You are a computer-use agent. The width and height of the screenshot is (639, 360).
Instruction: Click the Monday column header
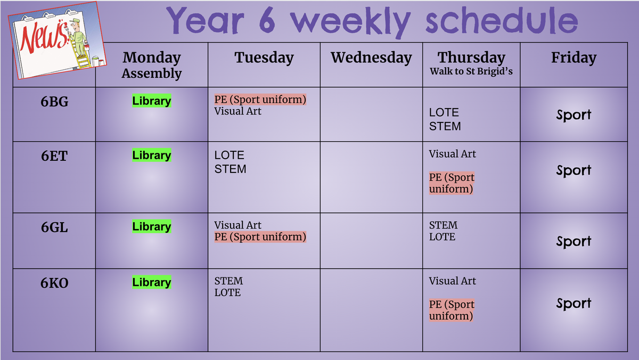pyautogui.click(x=151, y=58)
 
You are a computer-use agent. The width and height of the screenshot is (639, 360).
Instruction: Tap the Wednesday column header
pyautogui.click(x=371, y=58)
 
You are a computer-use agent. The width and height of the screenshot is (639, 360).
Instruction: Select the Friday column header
pyautogui.click(x=574, y=58)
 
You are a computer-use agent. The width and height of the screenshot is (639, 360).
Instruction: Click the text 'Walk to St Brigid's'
pyautogui.click(x=471, y=71)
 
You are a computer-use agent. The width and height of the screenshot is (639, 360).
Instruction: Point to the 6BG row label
pyautogui.click(x=54, y=102)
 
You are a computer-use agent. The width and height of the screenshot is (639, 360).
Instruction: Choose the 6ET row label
pyautogui.click(x=54, y=156)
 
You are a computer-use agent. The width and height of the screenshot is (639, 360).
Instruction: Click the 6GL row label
pyautogui.click(x=54, y=227)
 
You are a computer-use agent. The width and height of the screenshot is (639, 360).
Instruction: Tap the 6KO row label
pyautogui.click(x=54, y=283)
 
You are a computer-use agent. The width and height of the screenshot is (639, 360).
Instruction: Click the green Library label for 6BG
pyautogui.click(x=151, y=101)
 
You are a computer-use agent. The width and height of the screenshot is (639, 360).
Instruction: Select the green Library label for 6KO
pyautogui.click(x=151, y=282)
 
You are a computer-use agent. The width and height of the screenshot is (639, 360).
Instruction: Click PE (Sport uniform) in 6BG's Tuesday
pyautogui.click(x=260, y=100)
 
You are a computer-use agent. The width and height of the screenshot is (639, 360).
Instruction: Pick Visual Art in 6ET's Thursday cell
pyautogui.click(x=452, y=154)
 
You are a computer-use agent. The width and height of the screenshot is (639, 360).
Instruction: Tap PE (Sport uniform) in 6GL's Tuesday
pyautogui.click(x=260, y=237)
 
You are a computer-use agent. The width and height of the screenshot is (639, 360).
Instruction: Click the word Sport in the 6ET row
pyautogui.click(x=574, y=170)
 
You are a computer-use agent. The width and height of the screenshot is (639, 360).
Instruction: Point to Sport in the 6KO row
pyautogui.click(x=574, y=303)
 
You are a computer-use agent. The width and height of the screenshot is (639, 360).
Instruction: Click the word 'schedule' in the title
pyautogui.click(x=502, y=21)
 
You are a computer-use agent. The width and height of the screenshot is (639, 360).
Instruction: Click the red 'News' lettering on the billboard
pyautogui.click(x=44, y=37)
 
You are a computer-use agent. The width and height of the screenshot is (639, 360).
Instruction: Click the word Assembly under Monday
pyautogui.click(x=151, y=73)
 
